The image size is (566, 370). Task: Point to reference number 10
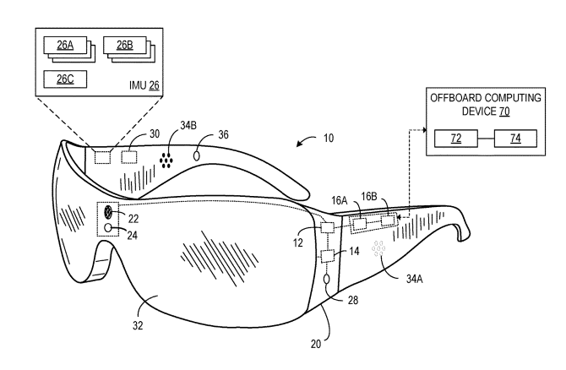click(x=328, y=137)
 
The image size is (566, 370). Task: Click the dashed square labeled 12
click(x=329, y=227)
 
